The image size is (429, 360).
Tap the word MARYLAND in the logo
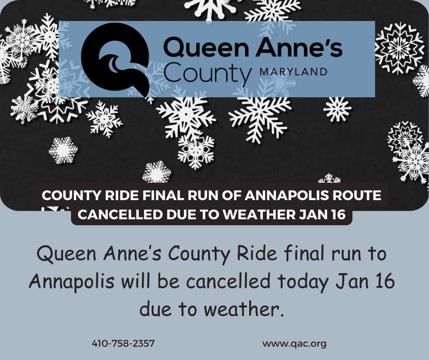293,72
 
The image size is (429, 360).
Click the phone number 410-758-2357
123,343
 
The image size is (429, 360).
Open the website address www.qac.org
294,343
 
